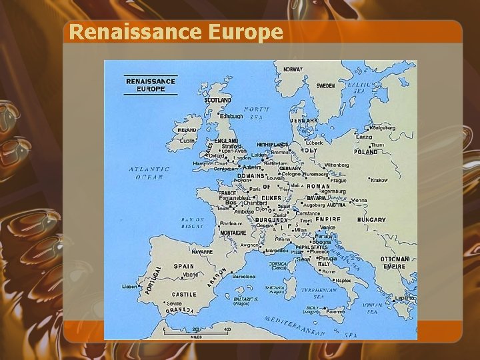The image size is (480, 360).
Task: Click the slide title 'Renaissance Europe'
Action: tap(176, 32)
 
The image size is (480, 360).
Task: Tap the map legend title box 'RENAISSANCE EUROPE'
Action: tap(151, 85)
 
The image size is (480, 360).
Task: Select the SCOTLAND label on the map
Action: tap(217, 100)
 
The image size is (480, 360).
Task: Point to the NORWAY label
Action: tap(293, 69)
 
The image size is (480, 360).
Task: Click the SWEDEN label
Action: tap(325, 86)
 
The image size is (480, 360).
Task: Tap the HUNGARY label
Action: tap(371, 219)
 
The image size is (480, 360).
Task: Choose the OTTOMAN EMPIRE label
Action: tap(395, 263)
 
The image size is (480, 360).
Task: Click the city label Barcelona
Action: tap(243, 276)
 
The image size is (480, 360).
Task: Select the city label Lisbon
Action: tap(129, 287)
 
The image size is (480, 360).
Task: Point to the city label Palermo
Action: tap(335, 311)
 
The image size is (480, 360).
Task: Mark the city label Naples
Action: tap(343, 281)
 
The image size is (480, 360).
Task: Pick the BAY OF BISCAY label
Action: tap(193, 223)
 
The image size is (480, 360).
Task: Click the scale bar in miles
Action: tap(196, 331)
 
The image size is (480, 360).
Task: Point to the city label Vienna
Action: tap(359, 200)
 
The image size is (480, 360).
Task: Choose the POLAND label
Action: tap(366, 151)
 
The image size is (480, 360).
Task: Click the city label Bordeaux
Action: tap(231, 223)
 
